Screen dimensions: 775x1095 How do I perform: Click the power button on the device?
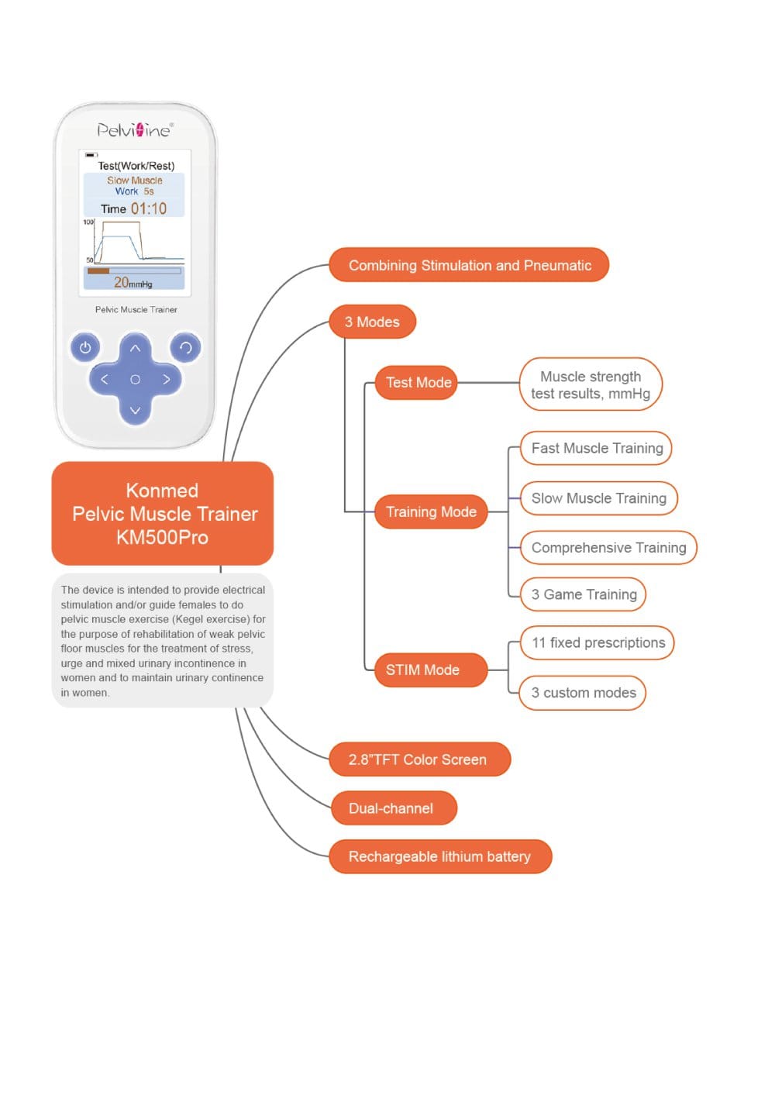pyautogui.click(x=85, y=348)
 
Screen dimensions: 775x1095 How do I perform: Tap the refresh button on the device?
pyautogui.click(x=185, y=348)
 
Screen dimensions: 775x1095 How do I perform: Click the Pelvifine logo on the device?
pyautogui.click(x=135, y=129)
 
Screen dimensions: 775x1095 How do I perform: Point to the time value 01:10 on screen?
pyautogui.click(x=149, y=208)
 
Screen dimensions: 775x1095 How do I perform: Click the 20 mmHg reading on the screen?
pyautogui.click(x=133, y=282)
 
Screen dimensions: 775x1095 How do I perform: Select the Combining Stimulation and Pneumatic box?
pyautogui.click(x=469, y=265)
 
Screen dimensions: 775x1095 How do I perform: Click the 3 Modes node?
pyautogui.click(x=372, y=322)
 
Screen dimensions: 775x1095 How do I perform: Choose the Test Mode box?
pyautogui.click(x=416, y=382)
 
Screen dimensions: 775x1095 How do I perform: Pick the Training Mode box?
pyautogui.click(x=431, y=511)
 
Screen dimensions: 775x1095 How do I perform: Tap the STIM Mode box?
pyautogui.click(x=431, y=670)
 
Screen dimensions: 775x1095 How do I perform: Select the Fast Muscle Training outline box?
pyautogui.click(x=595, y=448)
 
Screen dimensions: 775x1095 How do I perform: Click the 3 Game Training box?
pyautogui.click(x=582, y=594)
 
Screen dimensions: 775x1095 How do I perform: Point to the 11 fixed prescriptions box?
pyautogui.click(x=597, y=642)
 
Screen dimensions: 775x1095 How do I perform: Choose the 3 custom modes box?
pyautogui.click(x=582, y=693)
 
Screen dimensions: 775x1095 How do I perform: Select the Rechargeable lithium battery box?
pyautogui.click(x=440, y=856)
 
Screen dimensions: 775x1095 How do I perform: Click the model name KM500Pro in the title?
pyautogui.click(x=162, y=538)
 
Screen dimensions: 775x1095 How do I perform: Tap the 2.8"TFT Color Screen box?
pyautogui.click(x=420, y=759)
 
